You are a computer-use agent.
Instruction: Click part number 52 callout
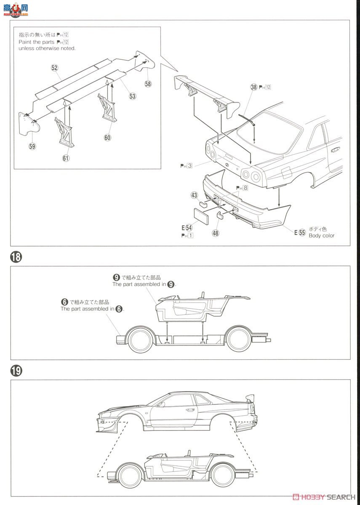[55, 68]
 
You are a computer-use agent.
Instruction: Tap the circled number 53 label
[133, 96]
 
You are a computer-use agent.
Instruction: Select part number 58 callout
[148, 84]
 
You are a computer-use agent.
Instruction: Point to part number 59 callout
[32, 146]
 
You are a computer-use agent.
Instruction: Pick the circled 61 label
[66, 158]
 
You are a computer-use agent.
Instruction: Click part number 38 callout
[253, 87]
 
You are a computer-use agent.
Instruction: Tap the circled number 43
[194, 195]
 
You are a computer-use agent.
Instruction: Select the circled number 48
[216, 232]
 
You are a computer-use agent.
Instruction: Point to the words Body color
[322, 236]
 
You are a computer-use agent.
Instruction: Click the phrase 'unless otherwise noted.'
[47, 48]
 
